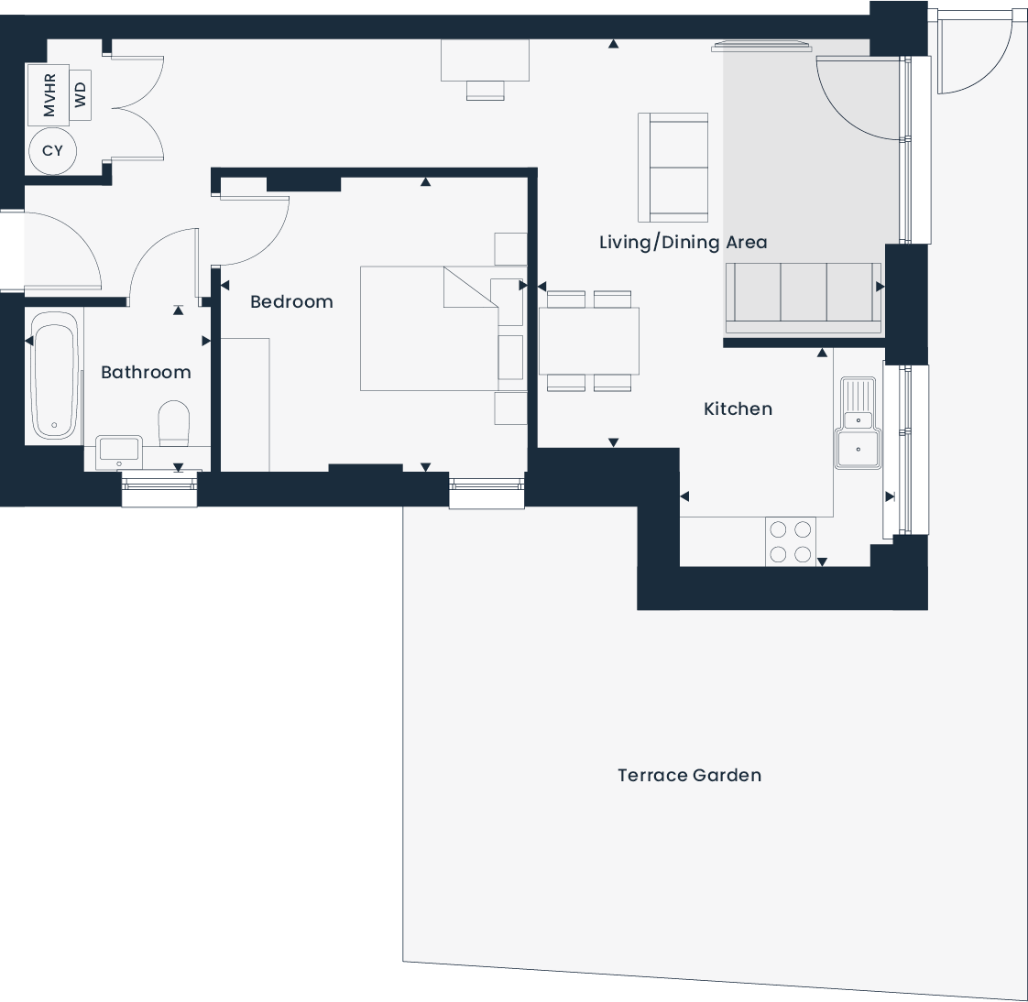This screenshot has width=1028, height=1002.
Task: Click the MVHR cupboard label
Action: click(x=49, y=95)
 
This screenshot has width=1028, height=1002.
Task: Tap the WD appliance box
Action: click(x=81, y=93)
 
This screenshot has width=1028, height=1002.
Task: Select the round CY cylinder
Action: click(x=52, y=150)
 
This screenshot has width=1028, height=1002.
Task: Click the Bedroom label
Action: click(x=291, y=301)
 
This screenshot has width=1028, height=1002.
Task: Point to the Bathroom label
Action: click(x=146, y=372)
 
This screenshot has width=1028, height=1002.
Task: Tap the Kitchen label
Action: click(x=738, y=408)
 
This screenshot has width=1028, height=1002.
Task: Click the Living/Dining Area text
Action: click(x=683, y=243)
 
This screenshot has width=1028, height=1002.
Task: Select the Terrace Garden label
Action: click(x=689, y=775)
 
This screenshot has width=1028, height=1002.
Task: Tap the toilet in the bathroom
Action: click(x=173, y=423)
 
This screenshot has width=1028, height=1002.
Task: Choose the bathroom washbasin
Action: click(x=118, y=450)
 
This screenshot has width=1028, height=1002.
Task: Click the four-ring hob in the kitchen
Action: click(x=791, y=541)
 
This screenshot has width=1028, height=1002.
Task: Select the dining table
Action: click(x=588, y=341)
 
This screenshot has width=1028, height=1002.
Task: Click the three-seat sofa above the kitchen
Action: click(x=804, y=297)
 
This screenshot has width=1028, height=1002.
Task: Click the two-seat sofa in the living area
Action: click(x=673, y=168)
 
